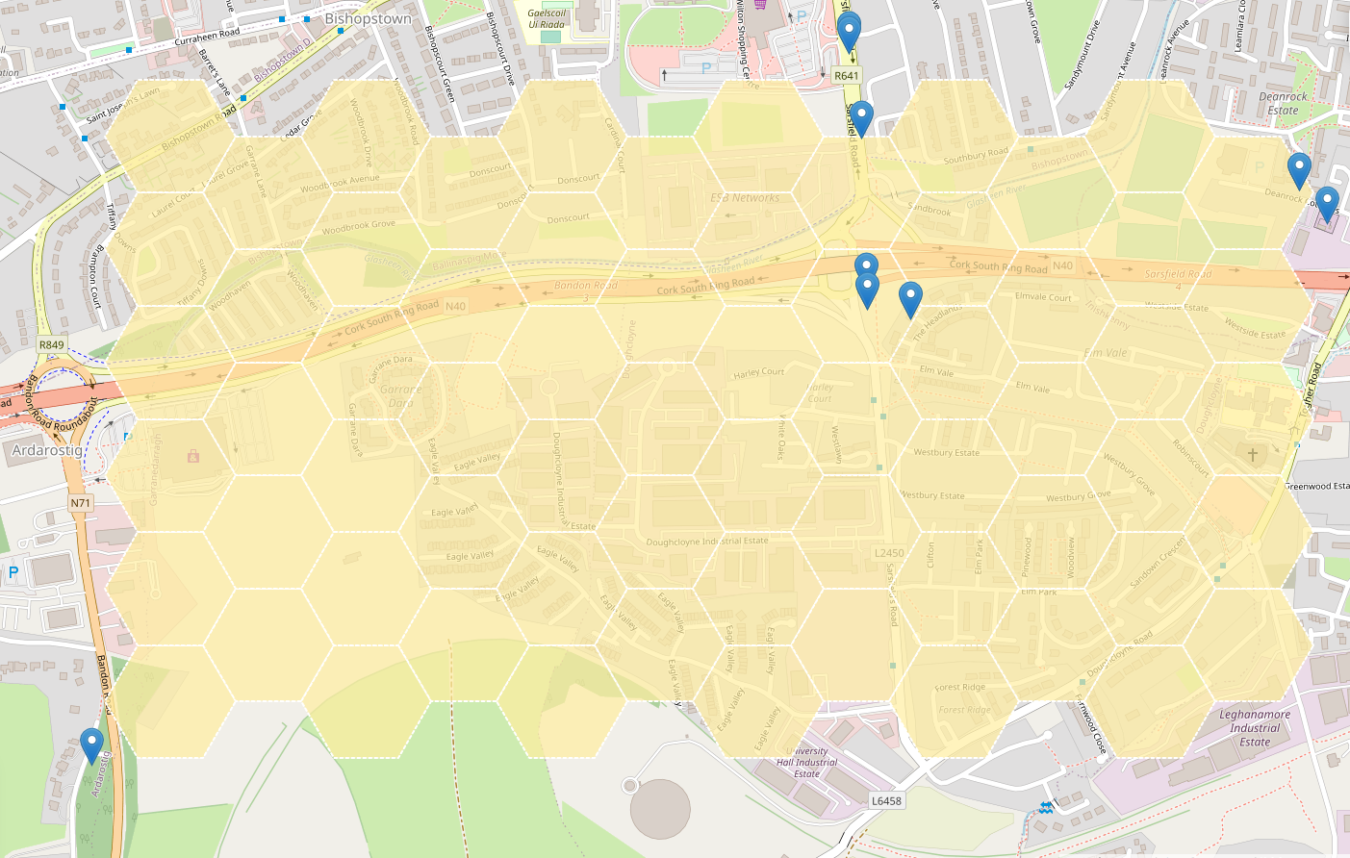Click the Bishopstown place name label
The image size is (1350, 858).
368,18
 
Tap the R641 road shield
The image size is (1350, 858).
846,76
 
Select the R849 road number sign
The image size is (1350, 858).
52,344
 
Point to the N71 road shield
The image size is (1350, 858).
80,502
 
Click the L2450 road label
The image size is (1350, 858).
889,553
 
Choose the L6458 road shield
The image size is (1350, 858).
886,800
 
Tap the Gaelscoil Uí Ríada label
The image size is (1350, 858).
547,19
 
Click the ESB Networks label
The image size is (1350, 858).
745,198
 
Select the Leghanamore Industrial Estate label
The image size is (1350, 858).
1255,728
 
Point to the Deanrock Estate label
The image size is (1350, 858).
1283,103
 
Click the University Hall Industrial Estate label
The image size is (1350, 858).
807,763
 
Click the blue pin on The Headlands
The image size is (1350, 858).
910,299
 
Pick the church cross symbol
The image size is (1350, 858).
1252,454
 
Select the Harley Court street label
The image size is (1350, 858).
759,373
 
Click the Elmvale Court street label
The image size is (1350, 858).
1043,297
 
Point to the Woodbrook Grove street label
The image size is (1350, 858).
358,227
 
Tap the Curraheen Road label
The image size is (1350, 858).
207,38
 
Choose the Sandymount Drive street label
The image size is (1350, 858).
1082,57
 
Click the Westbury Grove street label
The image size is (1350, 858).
1078,497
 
